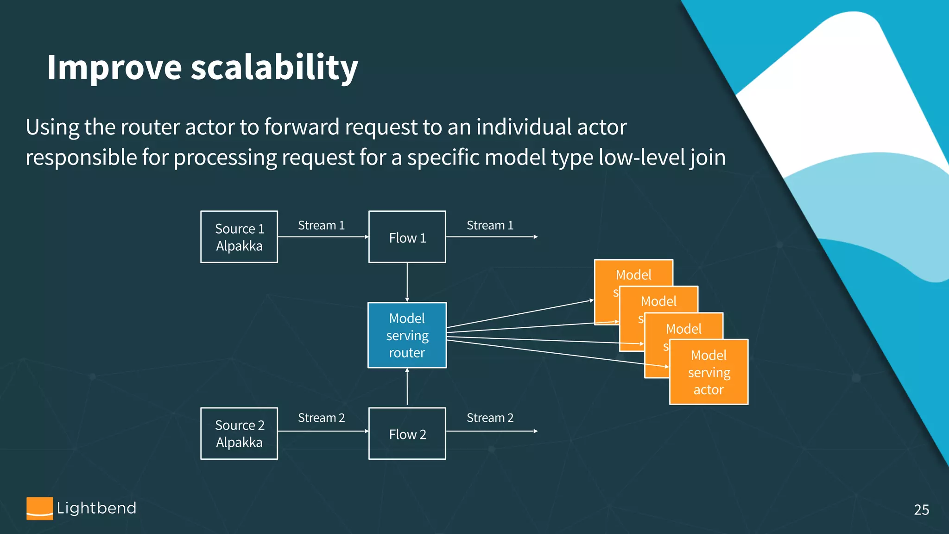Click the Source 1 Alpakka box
pyautogui.click(x=239, y=237)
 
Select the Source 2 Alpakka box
pyautogui.click(x=239, y=433)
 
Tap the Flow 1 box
pyautogui.click(x=407, y=237)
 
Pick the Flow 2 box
pyautogui.click(x=407, y=433)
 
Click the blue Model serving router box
pyautogui.click(x=407, y=335)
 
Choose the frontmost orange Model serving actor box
pyautogui.click(x=709, y=372)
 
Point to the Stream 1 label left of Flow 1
pyautogui.click(x=321, y=225)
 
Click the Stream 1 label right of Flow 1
pyautogui.click(x=490, y=225)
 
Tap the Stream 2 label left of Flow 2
pyautogui.click(x=321, y=418)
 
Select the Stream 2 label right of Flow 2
pyautogui.click(x=490, y=418)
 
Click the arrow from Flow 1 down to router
pyautogui.click(x=407, y=282)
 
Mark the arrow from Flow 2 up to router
pyautogui.click(x=407, y=387)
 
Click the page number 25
pyautogui.click(x=921, y=509)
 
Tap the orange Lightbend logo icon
pyautogui.click(x=39, y=509)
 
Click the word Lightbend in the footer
pyautogui.click(x=96, y=508)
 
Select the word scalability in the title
pyautogui.click(x=274, y=68)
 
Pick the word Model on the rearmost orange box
pyautogui.click(x=633, y=275)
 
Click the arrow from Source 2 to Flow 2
pyautogui.click(x=323, y=431)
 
